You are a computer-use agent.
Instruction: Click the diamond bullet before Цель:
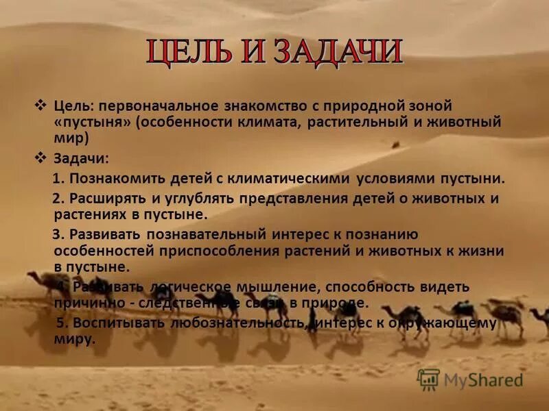click(40, 106)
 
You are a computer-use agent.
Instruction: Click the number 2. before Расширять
click(58, 199)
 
